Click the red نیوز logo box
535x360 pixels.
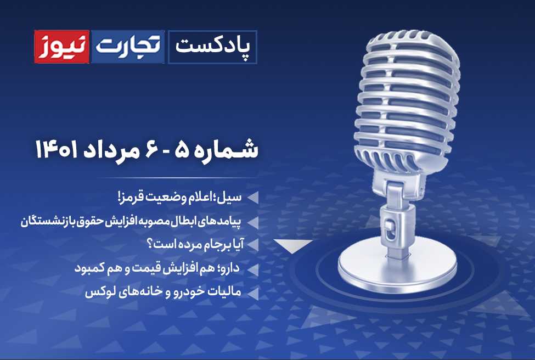tap(62, 47)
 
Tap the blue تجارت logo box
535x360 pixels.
tap(128, 47)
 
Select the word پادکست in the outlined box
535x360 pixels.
tap(212, 47)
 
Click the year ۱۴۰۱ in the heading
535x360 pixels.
tap(57, 150)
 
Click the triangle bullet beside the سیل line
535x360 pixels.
tap(254, 198)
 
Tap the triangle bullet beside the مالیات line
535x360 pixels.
tap(254, 294)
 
